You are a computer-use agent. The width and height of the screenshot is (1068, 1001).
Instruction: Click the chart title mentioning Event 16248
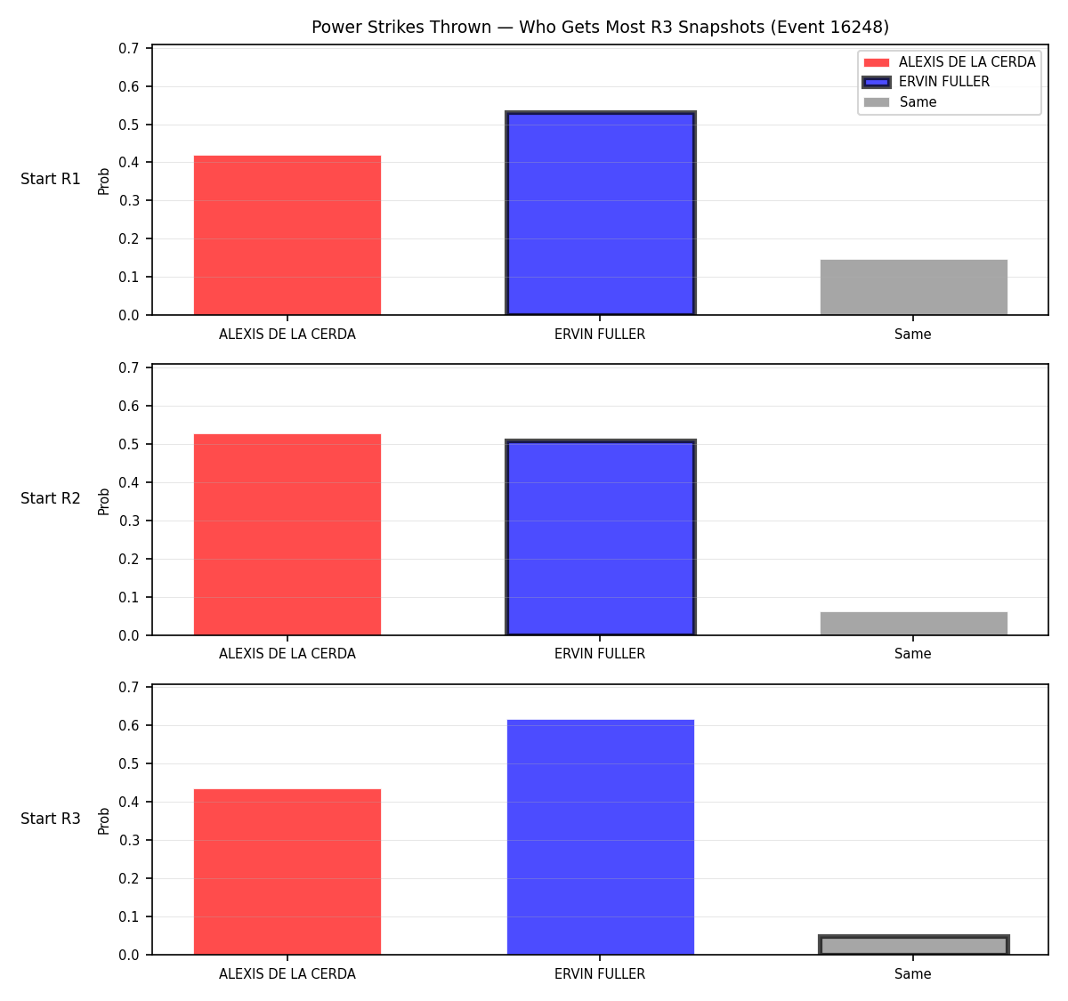point(600,27)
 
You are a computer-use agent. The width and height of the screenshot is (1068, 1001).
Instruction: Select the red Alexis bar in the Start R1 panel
point(287,235)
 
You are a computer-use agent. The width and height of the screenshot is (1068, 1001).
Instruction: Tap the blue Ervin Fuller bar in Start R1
point(600,213)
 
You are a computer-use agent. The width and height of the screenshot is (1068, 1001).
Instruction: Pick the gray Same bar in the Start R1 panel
point(913,287)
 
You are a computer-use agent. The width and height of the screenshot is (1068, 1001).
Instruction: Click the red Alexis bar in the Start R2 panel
point(287,534)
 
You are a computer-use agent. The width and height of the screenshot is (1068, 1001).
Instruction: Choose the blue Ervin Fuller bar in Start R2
point(600,537)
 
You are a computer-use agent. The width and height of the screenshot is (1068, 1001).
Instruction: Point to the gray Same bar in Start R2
point(913,624)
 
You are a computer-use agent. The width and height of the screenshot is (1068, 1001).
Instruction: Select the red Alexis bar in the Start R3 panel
point(287,872)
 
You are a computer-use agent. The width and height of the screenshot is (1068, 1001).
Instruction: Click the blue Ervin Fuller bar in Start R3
point(600,837)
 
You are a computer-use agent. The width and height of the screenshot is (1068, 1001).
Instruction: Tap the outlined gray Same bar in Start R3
point(913,945)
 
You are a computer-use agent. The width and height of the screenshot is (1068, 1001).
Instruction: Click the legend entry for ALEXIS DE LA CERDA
point(949,62)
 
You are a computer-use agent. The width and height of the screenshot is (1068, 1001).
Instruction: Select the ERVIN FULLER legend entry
point(926,82)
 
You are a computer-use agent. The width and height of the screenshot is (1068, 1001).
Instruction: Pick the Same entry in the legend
point(900,101)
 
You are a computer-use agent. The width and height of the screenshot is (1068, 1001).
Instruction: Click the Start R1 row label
point(51,179)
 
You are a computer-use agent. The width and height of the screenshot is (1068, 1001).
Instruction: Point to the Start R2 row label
point(51,498)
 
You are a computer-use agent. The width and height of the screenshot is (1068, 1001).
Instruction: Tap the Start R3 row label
point(51,818)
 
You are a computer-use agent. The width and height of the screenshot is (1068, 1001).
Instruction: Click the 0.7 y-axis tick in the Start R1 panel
point(128,48)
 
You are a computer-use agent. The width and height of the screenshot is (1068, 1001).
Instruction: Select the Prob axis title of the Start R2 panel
point(103,501)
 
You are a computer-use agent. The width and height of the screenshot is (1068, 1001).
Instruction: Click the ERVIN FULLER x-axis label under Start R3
point(600,973)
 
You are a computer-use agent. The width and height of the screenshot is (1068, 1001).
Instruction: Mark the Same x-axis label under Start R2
point(912,653)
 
